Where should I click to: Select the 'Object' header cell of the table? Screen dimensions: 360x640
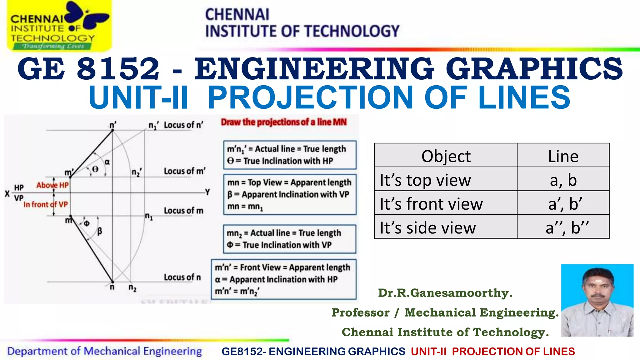click(446, 156)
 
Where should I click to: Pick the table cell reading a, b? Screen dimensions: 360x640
click(563, 180)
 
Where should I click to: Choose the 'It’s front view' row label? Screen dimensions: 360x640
click(431, 204)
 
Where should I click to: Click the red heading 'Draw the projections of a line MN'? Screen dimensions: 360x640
click(284, 122)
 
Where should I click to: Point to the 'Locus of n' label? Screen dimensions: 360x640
click(182, 277)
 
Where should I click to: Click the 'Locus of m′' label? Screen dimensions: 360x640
click(184, 171)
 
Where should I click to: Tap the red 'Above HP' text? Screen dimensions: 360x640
click(52, 185)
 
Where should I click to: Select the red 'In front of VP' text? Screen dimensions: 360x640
click(46, 204)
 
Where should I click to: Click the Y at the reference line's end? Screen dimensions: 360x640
click(207, 192)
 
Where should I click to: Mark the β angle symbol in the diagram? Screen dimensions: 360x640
click(100, 231)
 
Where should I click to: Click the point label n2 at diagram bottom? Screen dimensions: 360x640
click(132, 288)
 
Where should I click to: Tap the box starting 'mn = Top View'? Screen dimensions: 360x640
click(289, 194)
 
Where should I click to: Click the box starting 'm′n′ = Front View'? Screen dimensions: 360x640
click(283, 279)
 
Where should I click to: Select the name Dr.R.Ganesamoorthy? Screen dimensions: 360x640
click(445, 293)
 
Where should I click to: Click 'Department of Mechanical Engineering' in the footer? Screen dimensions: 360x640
click(104, 351)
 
